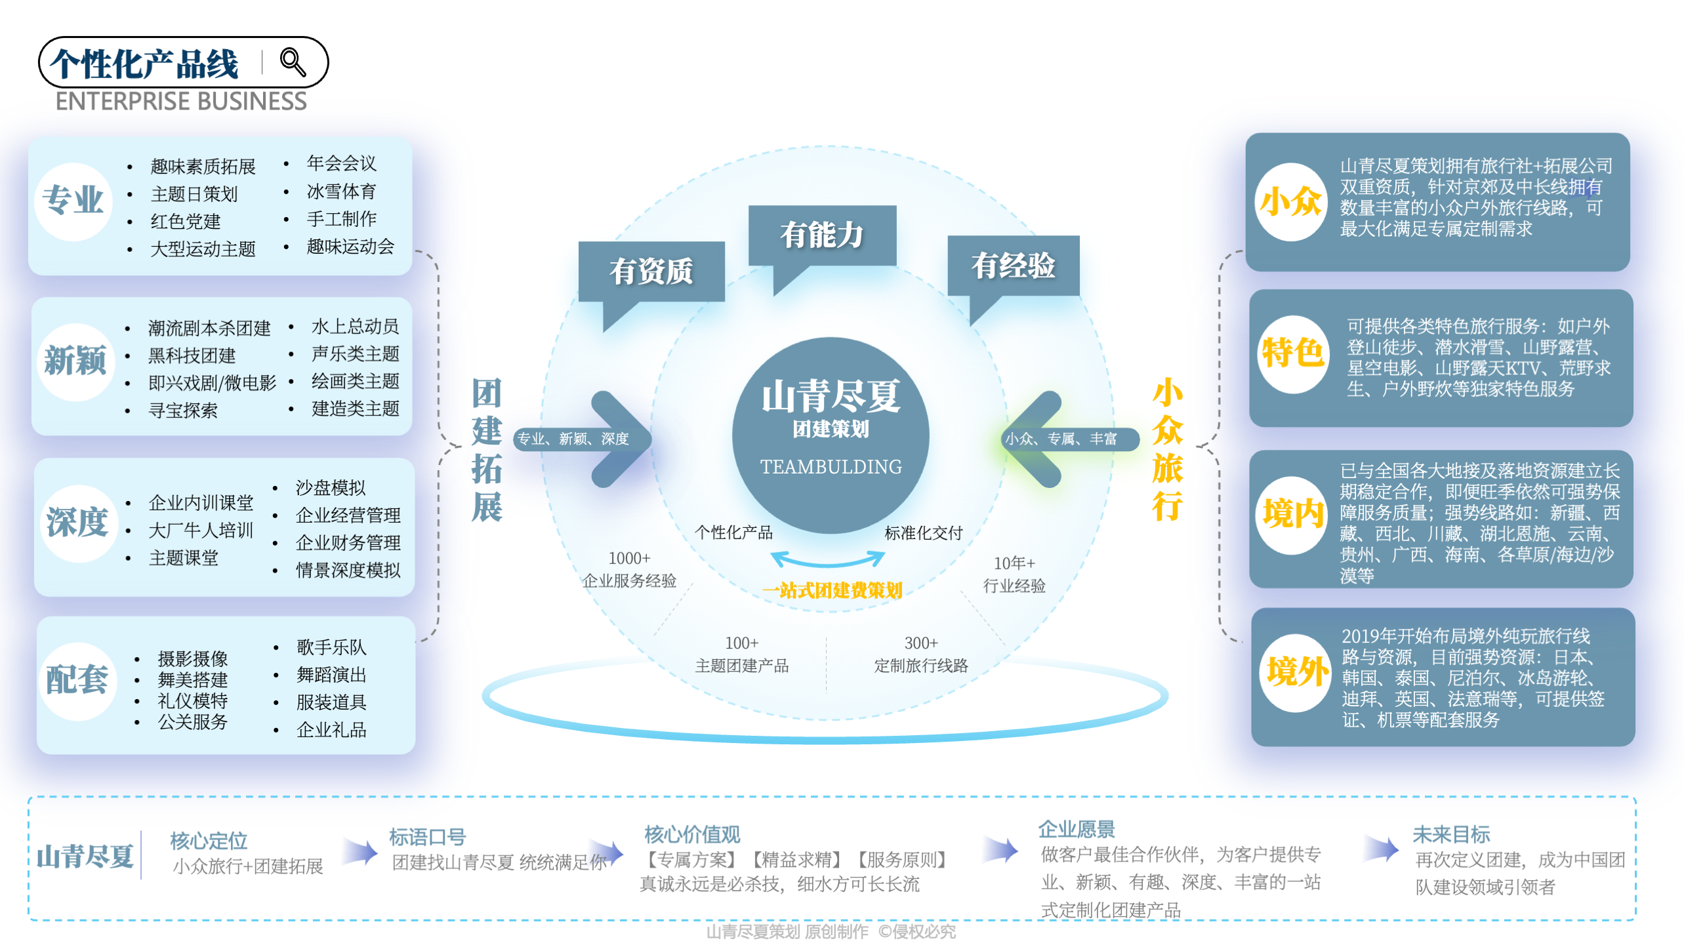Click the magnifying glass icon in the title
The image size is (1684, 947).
(x=293, y=62)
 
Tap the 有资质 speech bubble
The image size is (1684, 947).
(x=651, y=271)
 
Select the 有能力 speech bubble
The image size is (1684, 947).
(x=821, y=235)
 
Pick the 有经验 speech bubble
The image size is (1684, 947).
(x=1013, y=266)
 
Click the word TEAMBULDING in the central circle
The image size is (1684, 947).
(x=831, y=466)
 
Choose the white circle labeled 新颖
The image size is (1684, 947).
(x=75, y=361)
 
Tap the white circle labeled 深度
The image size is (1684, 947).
(x=77, y=523)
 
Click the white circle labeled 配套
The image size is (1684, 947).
(x=77, y=679)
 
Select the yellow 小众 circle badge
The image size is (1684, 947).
(x=1290, y=201)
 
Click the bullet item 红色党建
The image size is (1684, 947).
(x=186, y=222)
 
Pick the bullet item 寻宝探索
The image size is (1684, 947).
(x=183, y=411)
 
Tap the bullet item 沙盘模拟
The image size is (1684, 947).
(x=330, y=487)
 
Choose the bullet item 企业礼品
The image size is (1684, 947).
(x=331, y=730)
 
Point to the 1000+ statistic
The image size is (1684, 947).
(x=629, y=558)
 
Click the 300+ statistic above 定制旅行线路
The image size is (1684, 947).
(x=921, y=643)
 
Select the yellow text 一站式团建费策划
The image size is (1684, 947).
(x=832, y=590)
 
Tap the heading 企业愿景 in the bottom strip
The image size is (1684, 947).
(x=1076, y=830)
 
